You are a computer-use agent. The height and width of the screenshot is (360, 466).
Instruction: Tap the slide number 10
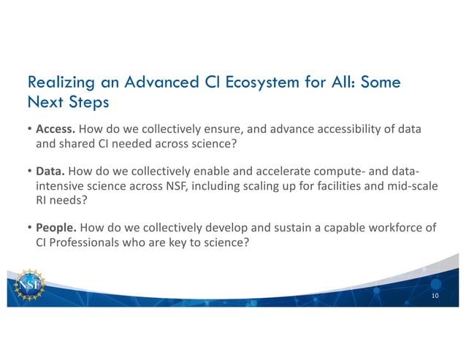point(435,296)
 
